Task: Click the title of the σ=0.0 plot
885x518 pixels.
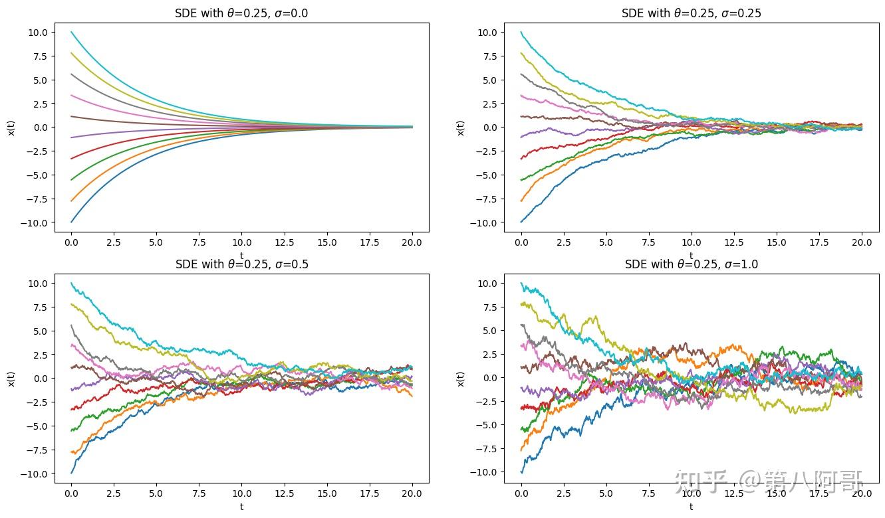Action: [241, 13]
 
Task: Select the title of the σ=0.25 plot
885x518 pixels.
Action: [692, 13]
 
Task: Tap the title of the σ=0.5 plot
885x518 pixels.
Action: [241, 264]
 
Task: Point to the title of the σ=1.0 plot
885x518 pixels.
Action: [692, 264]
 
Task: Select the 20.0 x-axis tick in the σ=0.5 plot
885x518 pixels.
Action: [412, 495]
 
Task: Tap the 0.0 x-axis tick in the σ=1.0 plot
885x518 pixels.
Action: [521, 495]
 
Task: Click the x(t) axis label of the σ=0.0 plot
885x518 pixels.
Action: [11, 127]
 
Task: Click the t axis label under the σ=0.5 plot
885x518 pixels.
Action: [241, 507]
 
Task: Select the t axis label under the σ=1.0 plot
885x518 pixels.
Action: [692, 507]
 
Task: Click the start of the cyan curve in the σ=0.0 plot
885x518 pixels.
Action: [71, 32]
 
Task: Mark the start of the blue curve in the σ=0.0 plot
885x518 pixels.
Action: [71, 222]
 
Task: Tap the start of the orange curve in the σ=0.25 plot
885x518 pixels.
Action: [521, 201]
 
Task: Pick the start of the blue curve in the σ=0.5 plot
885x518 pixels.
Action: [71, 473]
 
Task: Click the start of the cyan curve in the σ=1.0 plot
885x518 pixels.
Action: [521, 283]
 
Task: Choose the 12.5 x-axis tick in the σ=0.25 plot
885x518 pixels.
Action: [734, 244]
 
